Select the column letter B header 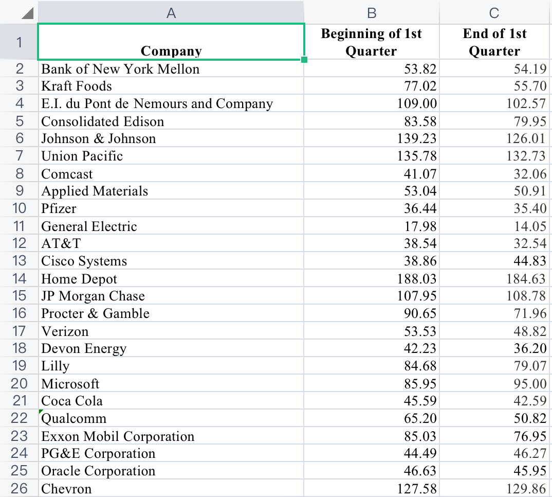point(372,13)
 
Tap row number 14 point(19,278)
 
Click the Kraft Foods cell point(77,86)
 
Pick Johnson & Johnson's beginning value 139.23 point(417,138)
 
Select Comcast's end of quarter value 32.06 point(530,174)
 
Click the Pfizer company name point(59,208)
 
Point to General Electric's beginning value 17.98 point(420,226)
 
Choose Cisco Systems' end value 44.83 point(530,261)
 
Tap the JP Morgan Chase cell point(93,296)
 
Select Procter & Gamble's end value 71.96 point(530,313)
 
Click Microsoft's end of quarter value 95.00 point(530,384)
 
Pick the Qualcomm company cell point(74,418)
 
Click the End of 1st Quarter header point(494,42)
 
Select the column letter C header point(494,13)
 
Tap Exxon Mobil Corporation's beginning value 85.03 point(420,436)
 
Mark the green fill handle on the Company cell point(304,60)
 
